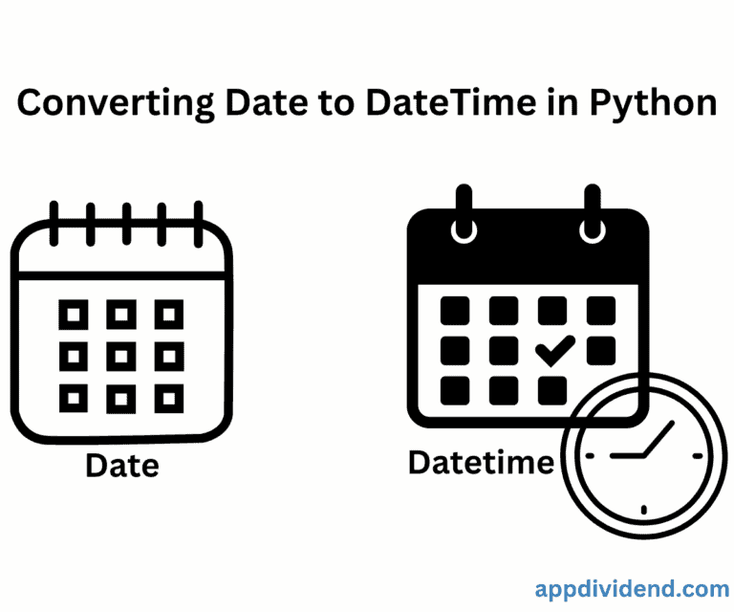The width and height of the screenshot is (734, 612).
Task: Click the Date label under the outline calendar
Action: pos(121,466)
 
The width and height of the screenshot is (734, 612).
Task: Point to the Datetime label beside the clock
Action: pos(481,462)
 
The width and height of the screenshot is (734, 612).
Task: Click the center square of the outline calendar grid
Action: pos(121,355)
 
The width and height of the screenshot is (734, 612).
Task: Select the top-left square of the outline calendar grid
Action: pos(74,312)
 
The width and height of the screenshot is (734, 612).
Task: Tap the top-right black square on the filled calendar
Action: pos(600,310)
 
